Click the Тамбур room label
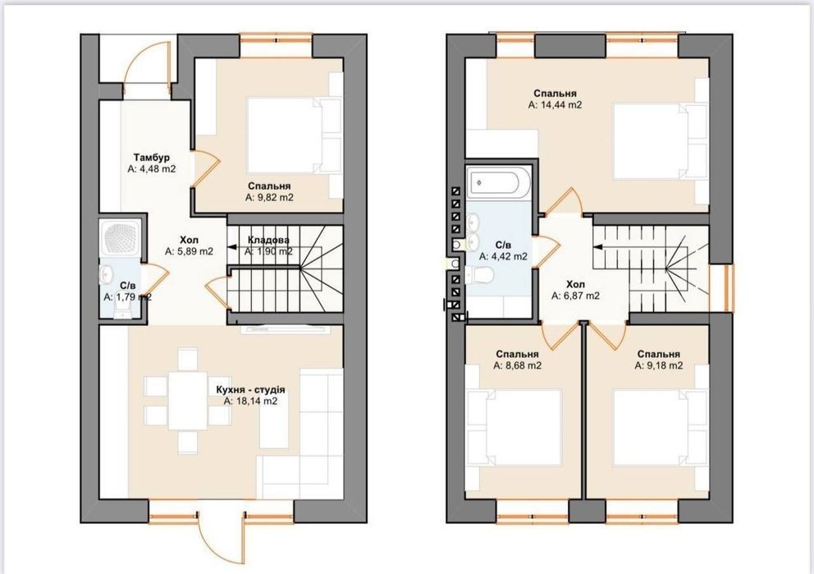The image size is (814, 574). pos(152,157)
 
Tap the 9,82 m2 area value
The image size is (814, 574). pos(269,197)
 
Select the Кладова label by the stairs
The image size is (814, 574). pos(268,240)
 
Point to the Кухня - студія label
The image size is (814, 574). pos(250,389)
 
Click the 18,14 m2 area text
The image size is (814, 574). pos(251,401)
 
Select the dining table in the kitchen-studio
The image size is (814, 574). pos(187,399)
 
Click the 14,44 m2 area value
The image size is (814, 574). pos(555,105)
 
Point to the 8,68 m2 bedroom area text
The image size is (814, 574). pos(517,365)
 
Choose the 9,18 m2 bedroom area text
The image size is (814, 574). pos(658,365)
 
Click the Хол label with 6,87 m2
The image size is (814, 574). pos(575,285)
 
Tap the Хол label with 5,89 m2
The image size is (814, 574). pos(189,240)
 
